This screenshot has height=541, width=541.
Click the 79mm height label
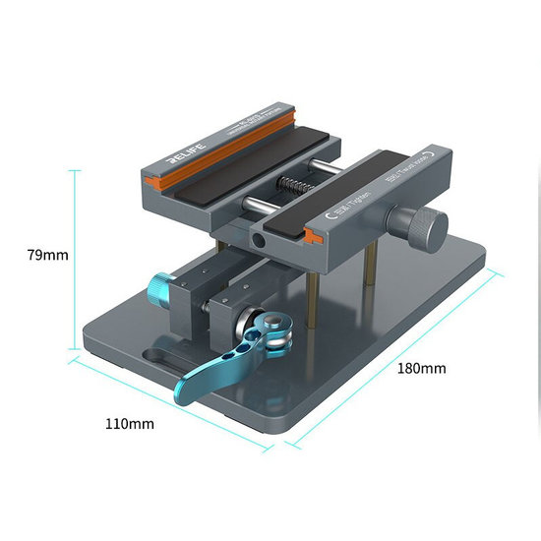click(x=47, y=255)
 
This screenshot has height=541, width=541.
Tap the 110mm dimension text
click(x=129, y=425)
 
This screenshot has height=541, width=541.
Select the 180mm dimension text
click(x=421, y=368)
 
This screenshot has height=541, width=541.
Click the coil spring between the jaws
click(x=291, y=184)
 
